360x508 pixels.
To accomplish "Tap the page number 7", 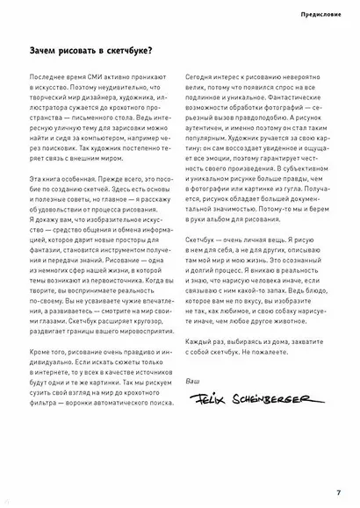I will click(x=338, y=491).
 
